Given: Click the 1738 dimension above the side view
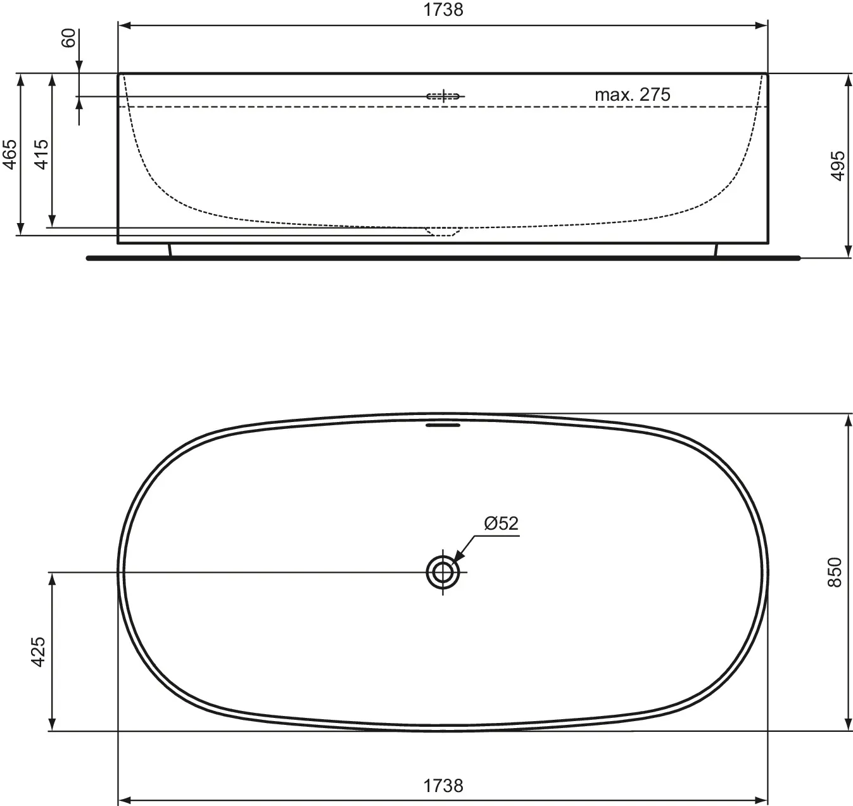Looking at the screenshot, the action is (x=443, y=10).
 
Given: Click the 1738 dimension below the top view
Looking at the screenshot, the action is (x=443, y=786).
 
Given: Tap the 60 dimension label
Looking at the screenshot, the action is (x=69, y=38).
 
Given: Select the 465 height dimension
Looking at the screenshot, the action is (x=9, y=155).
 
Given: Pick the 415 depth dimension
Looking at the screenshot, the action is (x=41, y=155).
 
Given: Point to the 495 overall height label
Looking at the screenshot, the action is (x=838, y=166).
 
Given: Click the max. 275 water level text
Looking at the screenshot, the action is (x=632, y=94).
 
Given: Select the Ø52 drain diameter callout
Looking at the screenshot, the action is (x=502, y=523).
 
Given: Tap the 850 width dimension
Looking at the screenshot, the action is (x=835, y=572).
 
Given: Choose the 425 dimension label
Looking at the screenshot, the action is (x=38, y=651).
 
